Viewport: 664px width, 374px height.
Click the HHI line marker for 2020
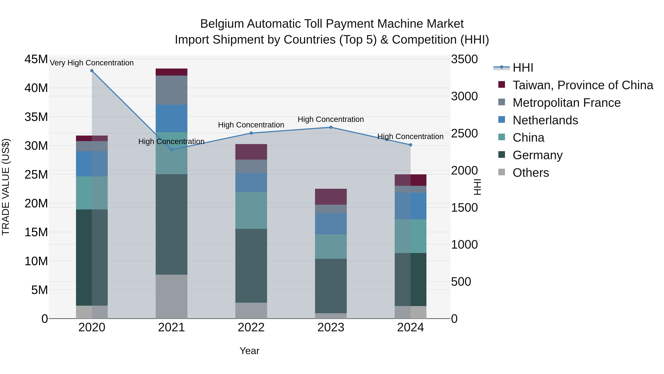[x=92, y=71]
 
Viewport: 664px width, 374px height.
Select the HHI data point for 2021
[x=171, y=150]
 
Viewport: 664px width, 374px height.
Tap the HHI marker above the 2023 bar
[x=331, y=127]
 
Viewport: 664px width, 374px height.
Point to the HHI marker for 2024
[x=410, y=145]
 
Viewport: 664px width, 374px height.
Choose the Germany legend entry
[x=537, y=155]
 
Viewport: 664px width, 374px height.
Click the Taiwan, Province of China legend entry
[x=582, y=85]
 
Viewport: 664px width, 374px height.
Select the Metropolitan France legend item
[x=566, y=103]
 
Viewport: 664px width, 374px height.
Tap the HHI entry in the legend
[x=523, y=68]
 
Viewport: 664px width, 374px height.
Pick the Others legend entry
[x=530, y=173]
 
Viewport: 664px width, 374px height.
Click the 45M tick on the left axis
[x=36, y=59]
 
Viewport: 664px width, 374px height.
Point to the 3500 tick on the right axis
[x=464, y=59]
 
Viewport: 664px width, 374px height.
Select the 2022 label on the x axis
[x=251, y=327]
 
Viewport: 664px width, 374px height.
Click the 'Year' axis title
[x=249, y=351]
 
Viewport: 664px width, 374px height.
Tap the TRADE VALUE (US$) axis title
[x=6, y=187]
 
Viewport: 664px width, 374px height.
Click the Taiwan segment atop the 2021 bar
[x=171, y=72]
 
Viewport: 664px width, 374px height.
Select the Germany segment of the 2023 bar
[x=331, y=286]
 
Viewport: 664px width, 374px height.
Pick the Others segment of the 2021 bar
[x=171, y=296]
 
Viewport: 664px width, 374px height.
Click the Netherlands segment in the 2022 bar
[x=251, y=182]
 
